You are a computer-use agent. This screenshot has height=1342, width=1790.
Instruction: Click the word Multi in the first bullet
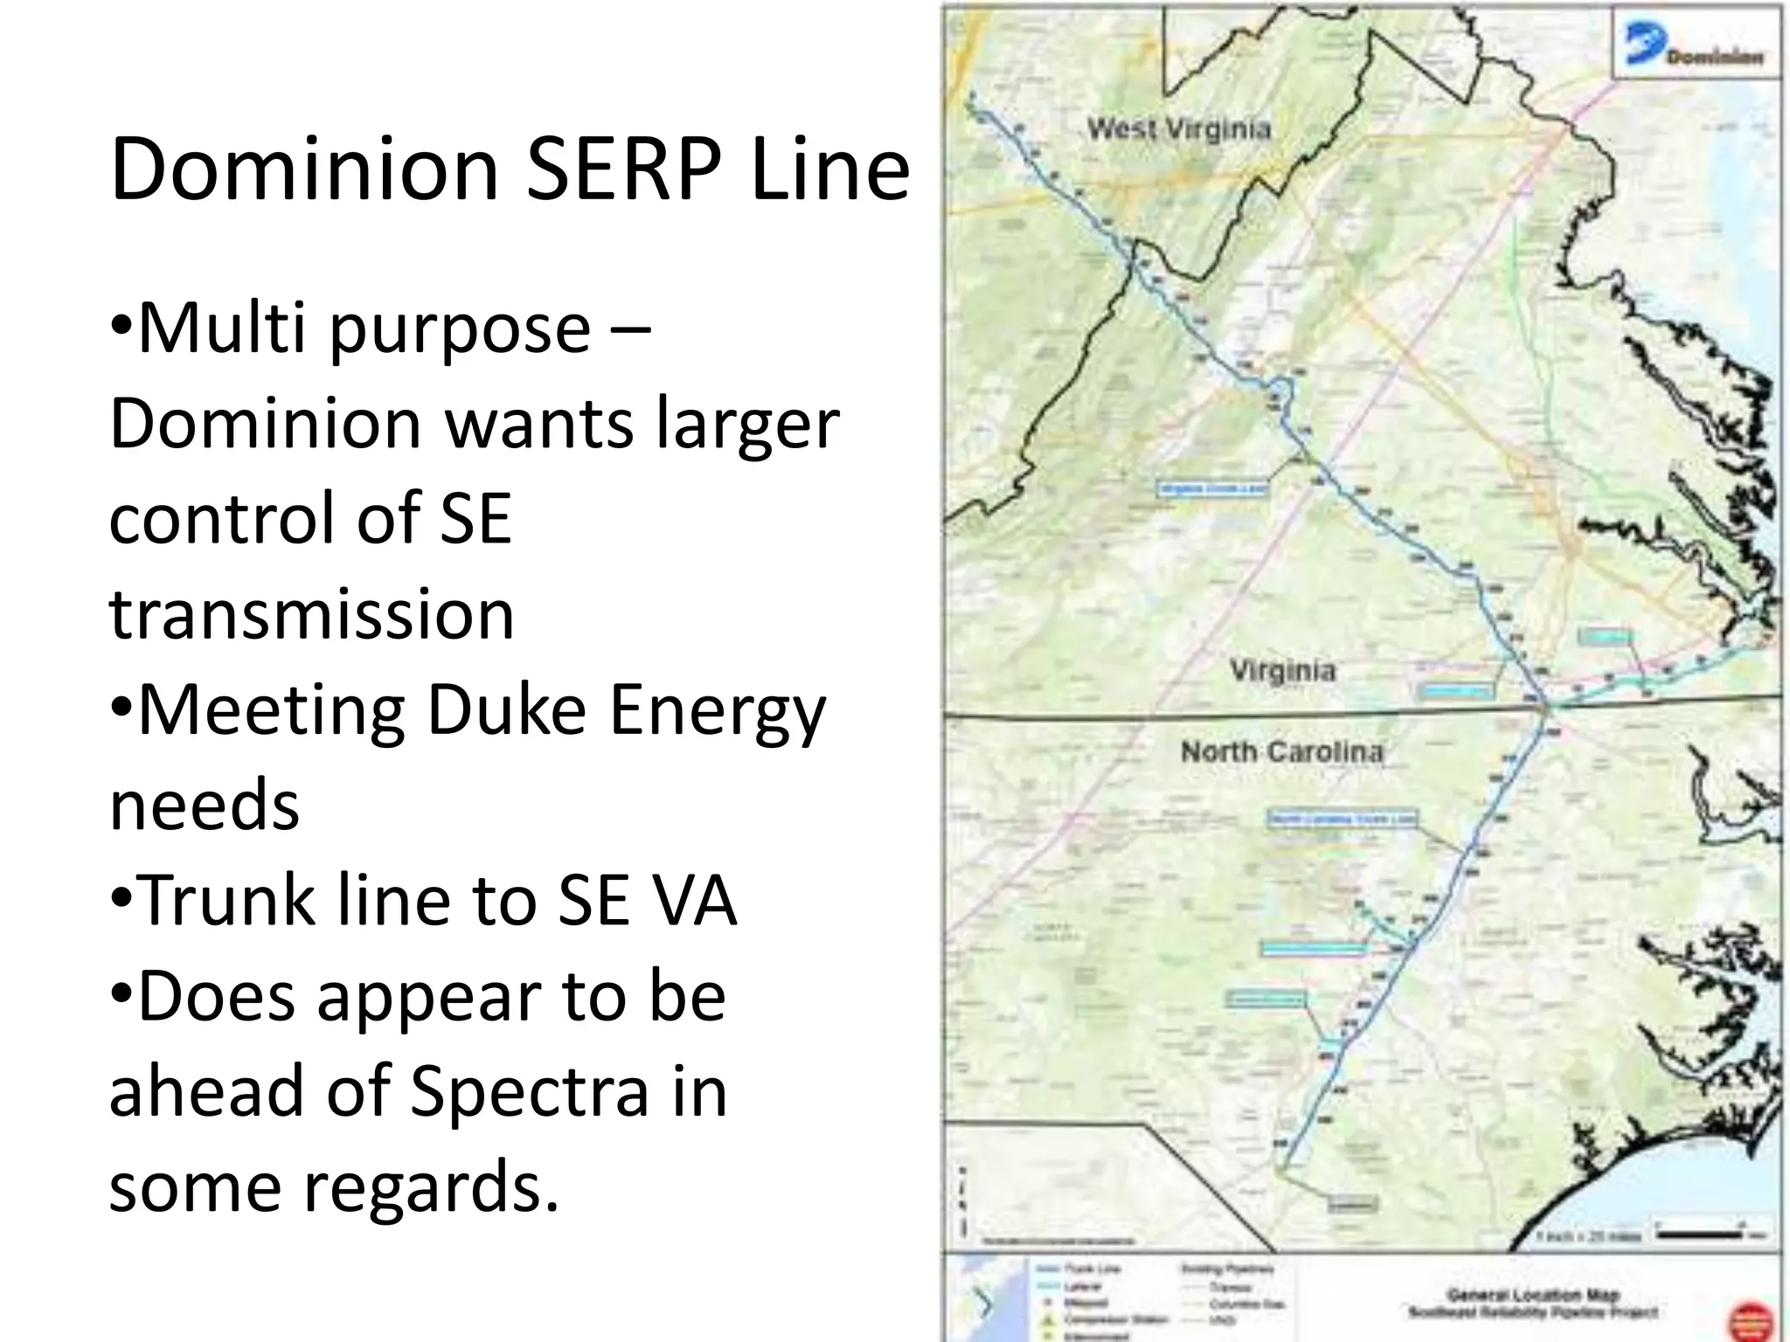tap(221, 328)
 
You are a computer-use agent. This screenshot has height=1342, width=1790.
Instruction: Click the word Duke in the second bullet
tap(506, 709)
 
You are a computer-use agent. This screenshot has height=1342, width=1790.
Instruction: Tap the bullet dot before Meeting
tap(122, 709)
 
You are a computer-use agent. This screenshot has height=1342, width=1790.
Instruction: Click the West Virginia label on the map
tap(1178, 129)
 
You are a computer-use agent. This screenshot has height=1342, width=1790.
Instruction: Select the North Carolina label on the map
tap(1281, 751)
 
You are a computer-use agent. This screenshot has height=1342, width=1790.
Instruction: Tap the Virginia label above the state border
tap(1282, 671)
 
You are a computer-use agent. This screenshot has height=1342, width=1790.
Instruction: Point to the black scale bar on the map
tap(1699, 1235)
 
